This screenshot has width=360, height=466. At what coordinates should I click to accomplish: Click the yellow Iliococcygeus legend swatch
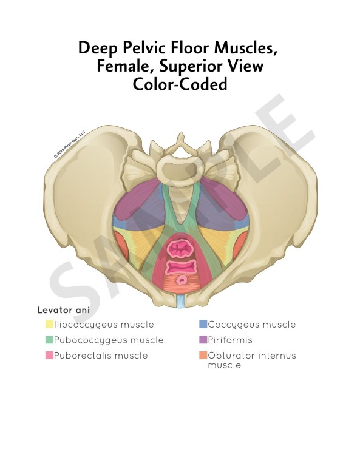point(49,324)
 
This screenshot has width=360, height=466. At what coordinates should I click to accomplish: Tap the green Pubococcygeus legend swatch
point(49,340)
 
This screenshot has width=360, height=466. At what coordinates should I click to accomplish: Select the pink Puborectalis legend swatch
point(49,355)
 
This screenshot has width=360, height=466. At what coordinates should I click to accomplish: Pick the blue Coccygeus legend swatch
point(203,324)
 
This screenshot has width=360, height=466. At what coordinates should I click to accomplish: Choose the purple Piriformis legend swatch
point(203,340)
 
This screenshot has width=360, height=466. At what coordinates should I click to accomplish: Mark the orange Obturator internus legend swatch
point(203,355)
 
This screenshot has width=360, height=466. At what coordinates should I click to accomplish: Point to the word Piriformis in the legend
point(230,340)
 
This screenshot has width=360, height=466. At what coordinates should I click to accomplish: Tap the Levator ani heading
point(64,310)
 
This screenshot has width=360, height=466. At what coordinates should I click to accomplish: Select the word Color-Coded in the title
point(180,84)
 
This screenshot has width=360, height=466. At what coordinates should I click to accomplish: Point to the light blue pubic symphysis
point(180,300)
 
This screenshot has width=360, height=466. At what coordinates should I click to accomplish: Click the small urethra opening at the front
point(182,280)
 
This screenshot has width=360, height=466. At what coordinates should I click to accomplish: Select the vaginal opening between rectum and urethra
point(181,266)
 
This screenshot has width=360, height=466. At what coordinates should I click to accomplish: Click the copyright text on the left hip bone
point(69,144)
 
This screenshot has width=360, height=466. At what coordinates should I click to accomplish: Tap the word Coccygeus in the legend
point(233,325)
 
